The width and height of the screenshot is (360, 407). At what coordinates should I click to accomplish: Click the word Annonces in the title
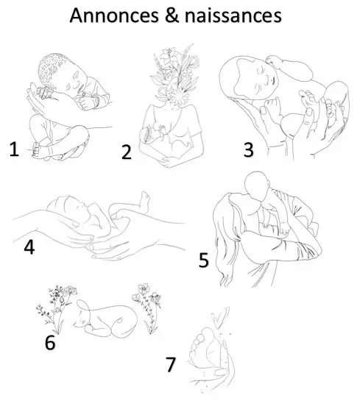point(114,15)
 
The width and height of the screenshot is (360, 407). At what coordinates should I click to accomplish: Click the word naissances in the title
point(233,15)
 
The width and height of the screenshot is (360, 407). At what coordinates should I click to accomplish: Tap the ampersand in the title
point(172,15)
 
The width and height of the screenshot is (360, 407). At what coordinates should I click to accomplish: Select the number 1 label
point(14,149)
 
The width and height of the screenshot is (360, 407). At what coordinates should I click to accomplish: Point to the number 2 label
point(127,152)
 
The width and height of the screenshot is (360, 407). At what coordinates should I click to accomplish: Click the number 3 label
point(248,149)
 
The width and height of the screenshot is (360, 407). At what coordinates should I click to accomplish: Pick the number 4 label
point(29,247)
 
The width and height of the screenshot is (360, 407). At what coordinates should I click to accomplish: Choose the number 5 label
point(204,260)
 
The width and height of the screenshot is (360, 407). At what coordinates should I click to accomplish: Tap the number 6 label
point(50,343)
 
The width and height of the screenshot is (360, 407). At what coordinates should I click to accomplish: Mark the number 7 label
point(171,364)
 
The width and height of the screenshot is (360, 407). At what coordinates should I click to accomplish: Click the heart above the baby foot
point(220,317)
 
